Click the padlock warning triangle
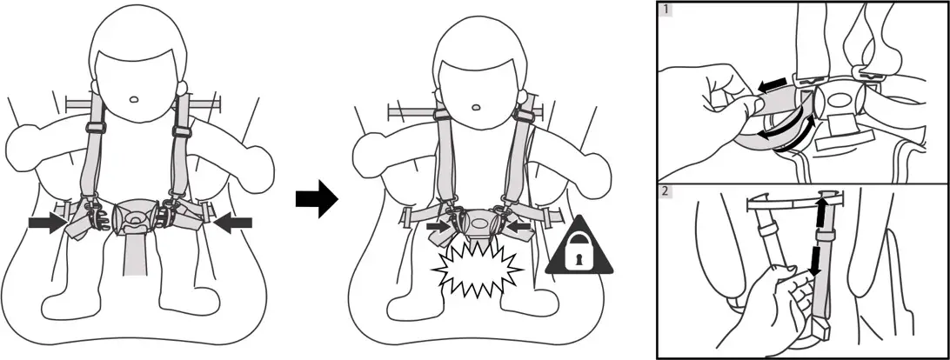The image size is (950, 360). (x=579, y=252)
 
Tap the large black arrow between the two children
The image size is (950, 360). (x=315, y=199)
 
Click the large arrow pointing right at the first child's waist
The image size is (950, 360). (x=47, y=224)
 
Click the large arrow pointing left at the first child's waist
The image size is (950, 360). (x=232, y=224)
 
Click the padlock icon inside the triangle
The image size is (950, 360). (x=579, y=257)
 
